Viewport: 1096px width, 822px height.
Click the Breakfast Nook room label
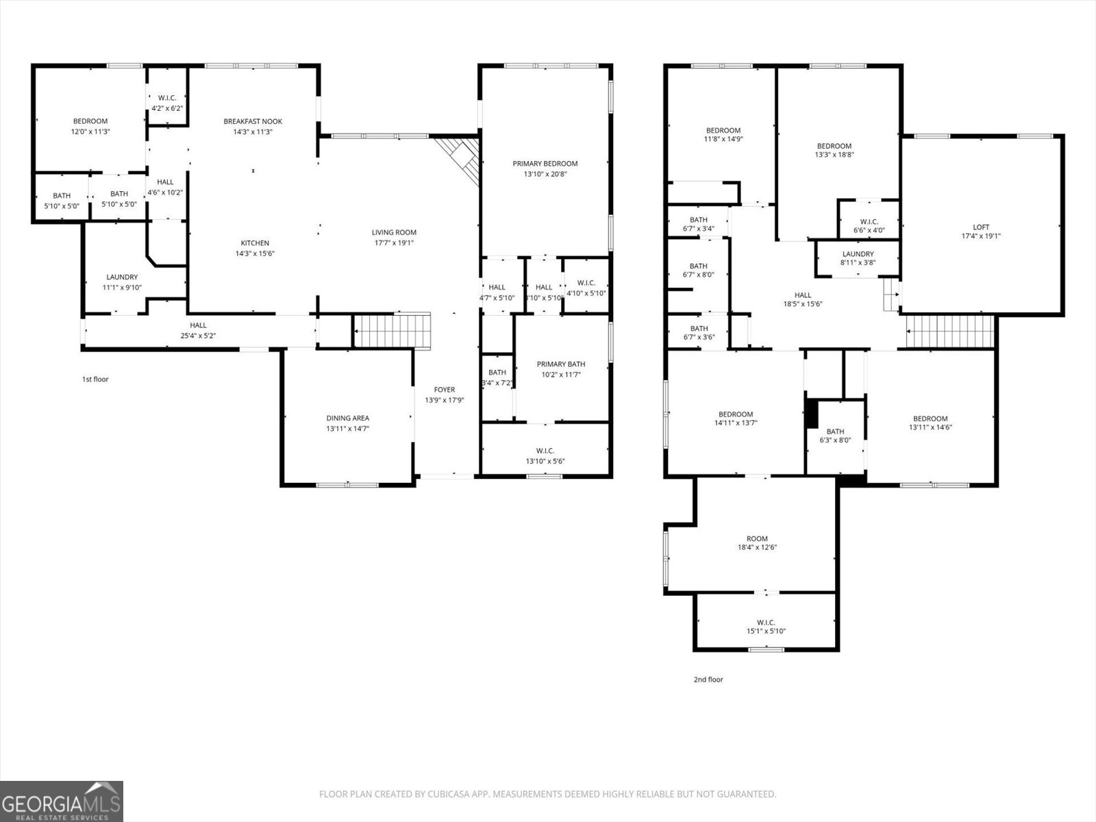coord(253,121)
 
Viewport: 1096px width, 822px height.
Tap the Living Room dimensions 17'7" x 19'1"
coord(394,242)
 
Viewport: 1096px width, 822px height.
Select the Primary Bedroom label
coord(545,163)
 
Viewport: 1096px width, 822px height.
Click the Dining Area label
coord(347,418)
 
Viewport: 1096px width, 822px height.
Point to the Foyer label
coord(444,390)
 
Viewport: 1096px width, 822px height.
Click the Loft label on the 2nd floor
coord(981,227)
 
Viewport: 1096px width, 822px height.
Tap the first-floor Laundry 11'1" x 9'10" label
coord(122,277)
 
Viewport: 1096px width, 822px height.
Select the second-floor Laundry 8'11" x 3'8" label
coord(858,254)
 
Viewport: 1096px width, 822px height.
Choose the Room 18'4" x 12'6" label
coord(757,538)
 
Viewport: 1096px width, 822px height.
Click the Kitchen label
coord(254,243)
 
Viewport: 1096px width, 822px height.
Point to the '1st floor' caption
coord(95,379)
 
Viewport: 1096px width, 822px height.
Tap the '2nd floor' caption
coord(708,680)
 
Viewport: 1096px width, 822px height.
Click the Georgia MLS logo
coord(62,801)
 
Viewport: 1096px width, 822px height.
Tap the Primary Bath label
coord(561,364)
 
